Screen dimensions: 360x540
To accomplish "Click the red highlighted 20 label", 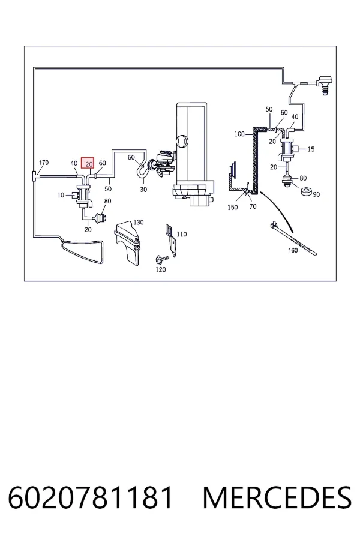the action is (88, 163).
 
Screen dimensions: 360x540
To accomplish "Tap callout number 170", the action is (44, 163).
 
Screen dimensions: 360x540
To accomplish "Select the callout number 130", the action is (139, 223).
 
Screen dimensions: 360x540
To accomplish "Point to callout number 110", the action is (182, 234).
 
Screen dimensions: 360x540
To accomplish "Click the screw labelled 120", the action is (161, 257).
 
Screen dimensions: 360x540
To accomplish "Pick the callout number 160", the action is (293, 250).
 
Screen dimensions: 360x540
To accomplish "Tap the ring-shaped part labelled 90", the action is (306, 191).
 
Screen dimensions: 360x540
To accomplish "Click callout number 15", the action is (311, 149).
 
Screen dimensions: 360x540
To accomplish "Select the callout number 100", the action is (239, 134).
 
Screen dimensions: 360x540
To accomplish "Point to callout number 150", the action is (233, 208).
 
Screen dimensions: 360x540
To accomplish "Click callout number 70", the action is (253, 206).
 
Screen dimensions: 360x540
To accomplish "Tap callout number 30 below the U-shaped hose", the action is (143, 190).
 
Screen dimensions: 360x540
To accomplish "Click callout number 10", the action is (61, 195).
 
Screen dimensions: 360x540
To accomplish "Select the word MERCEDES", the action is (277, 497).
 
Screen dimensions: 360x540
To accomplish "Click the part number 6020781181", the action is (90, 497).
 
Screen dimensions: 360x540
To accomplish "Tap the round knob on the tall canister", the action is (182, 141).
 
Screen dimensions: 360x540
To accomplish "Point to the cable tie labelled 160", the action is (293, 239).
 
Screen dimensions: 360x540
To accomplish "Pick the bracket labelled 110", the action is (172, 241).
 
